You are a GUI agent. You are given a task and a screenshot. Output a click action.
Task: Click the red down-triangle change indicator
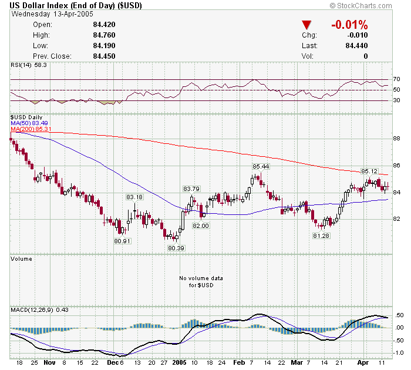(306, 25)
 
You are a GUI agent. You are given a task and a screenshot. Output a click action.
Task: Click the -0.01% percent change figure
(349, 25)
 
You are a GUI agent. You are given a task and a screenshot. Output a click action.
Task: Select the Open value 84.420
(103, 25)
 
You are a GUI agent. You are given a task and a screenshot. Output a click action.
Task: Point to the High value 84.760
(103, 35)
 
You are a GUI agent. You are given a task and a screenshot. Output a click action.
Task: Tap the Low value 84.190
(103, 46)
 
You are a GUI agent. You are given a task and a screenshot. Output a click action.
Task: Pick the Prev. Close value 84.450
(103, 56)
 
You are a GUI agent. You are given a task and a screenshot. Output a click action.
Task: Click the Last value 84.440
(356, 46)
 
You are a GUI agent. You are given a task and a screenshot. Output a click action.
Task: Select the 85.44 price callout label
(261, 167)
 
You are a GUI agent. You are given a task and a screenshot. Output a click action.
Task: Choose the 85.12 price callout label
(369, 171)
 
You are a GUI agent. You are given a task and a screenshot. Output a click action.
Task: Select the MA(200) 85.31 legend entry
(31, 129)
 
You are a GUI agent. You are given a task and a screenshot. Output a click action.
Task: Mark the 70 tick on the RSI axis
(397, 79)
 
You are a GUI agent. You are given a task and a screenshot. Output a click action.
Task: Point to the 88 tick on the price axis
(397, 139)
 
